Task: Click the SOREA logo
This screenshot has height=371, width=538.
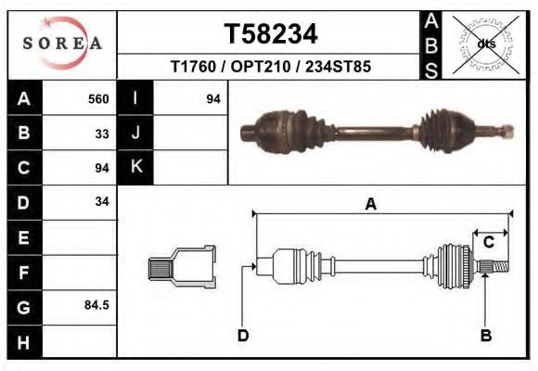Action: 62,44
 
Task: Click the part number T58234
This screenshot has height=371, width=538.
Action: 271,34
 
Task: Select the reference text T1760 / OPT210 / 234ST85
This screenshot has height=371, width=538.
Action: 271,67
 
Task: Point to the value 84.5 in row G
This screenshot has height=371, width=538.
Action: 97,304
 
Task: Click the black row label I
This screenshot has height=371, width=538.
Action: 135,98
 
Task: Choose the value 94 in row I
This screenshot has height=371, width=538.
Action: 212,98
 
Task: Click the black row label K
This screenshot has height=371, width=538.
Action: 135,168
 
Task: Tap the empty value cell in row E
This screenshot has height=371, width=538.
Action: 82,237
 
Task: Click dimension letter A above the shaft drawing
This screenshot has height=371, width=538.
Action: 371,204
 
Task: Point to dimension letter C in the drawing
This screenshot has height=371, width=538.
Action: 488,243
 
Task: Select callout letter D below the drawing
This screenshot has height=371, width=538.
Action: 243,335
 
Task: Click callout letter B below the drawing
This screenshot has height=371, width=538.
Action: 485,335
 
